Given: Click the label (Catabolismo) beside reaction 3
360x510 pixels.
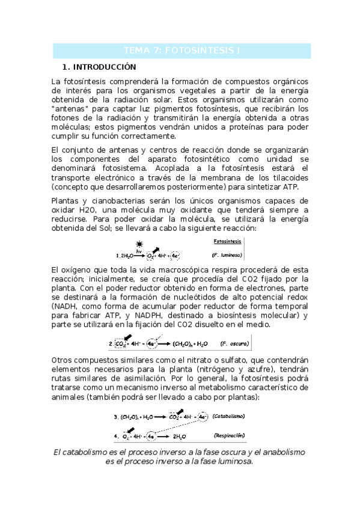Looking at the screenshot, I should pyautogui.click(x=233, y=416).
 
